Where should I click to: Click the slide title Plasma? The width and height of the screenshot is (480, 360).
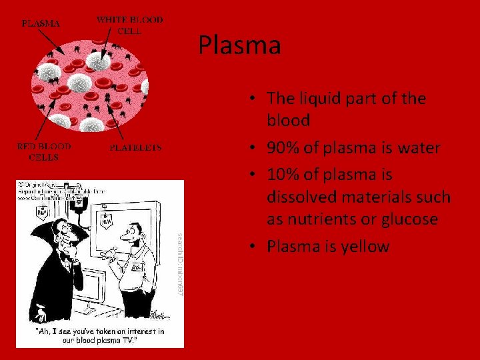(x=239, y=46)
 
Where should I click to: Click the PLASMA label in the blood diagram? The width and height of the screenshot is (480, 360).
(x=41, y=23)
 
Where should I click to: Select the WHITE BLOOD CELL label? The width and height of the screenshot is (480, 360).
(x=129, y=25)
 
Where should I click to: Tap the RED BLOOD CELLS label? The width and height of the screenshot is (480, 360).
(x=44, y=152)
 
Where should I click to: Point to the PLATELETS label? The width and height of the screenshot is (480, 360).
(x=135, y=148)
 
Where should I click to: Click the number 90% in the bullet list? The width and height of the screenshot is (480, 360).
(x=283, y=148)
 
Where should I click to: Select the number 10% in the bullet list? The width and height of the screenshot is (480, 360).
(x=283, y=175)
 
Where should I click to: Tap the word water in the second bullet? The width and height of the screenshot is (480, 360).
(x=419, y=148)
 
